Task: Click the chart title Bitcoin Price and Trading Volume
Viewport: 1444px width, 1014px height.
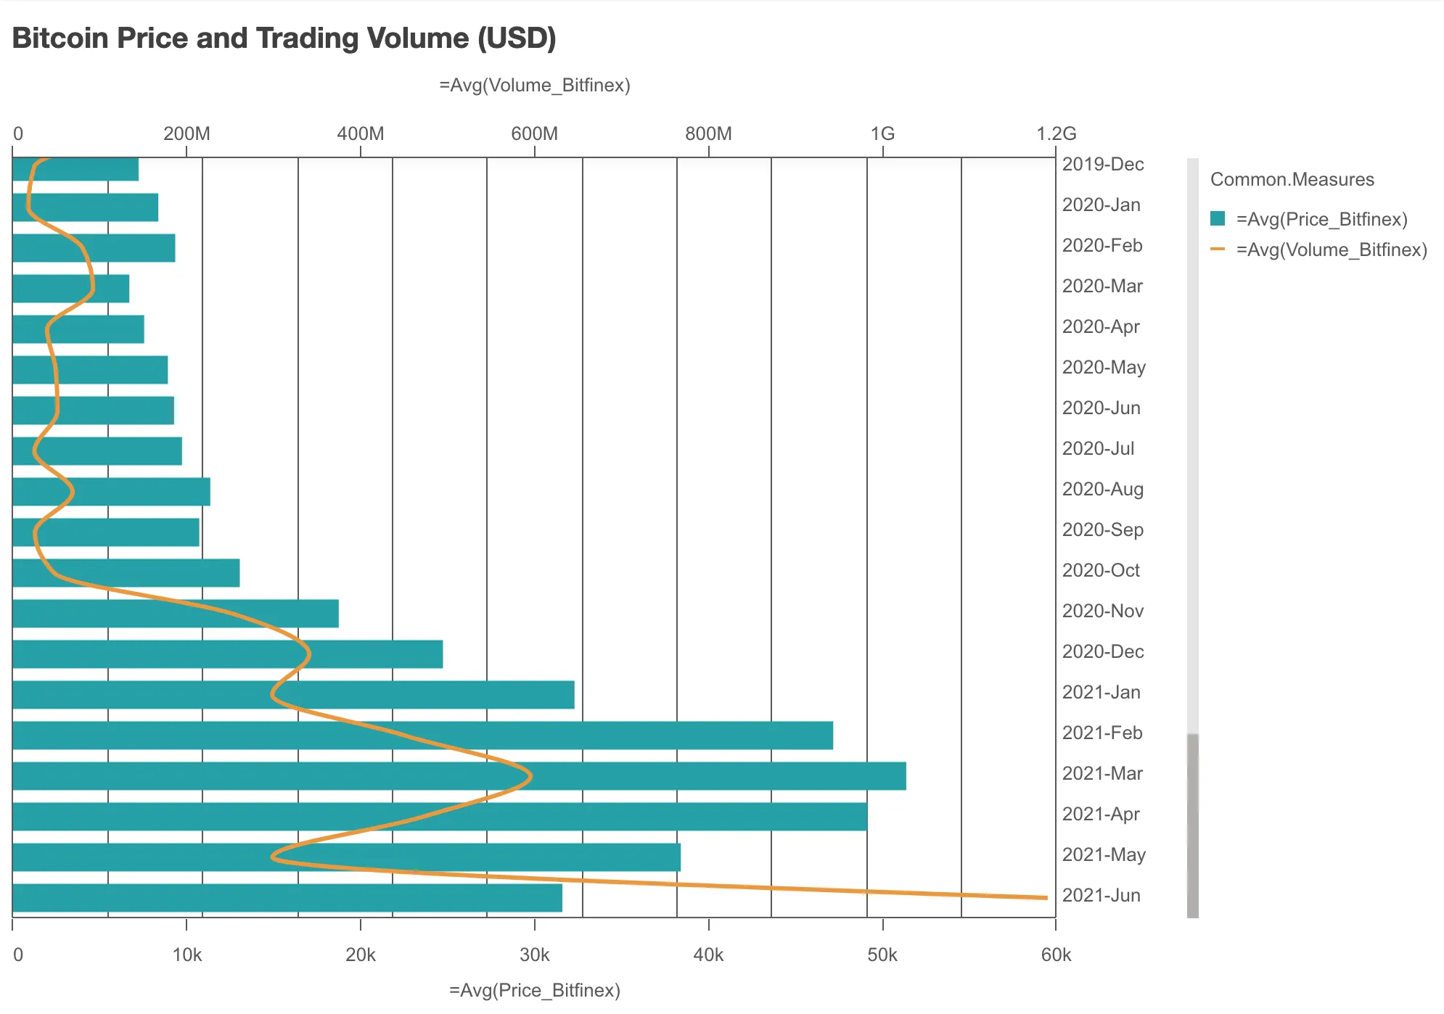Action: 284,38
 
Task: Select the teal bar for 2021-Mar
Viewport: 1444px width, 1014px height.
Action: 459,776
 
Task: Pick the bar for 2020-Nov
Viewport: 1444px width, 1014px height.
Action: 176,614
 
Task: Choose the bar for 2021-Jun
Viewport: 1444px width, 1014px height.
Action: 287,898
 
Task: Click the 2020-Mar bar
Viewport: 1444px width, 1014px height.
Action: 71,289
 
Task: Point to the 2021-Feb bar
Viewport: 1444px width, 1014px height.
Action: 422,735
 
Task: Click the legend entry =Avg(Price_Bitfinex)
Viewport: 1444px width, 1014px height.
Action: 1321,219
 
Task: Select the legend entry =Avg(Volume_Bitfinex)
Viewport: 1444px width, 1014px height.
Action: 1332,250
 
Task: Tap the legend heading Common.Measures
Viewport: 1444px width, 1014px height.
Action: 1292,179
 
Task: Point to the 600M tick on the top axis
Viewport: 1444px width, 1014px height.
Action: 535,134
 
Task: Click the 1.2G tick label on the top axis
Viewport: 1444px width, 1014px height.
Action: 1056,134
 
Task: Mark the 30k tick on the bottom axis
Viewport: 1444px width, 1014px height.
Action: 535,955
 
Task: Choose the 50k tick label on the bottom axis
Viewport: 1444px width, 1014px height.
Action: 882,955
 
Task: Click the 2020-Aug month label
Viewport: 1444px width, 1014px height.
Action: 1102,490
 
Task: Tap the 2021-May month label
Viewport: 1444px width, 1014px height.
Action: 1104,855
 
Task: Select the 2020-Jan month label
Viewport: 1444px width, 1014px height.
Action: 1101,205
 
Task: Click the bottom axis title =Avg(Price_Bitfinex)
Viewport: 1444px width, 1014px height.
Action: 535,990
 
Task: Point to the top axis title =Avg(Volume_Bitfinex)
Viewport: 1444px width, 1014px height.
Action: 535,86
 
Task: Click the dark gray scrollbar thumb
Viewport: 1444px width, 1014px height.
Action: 1193,825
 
